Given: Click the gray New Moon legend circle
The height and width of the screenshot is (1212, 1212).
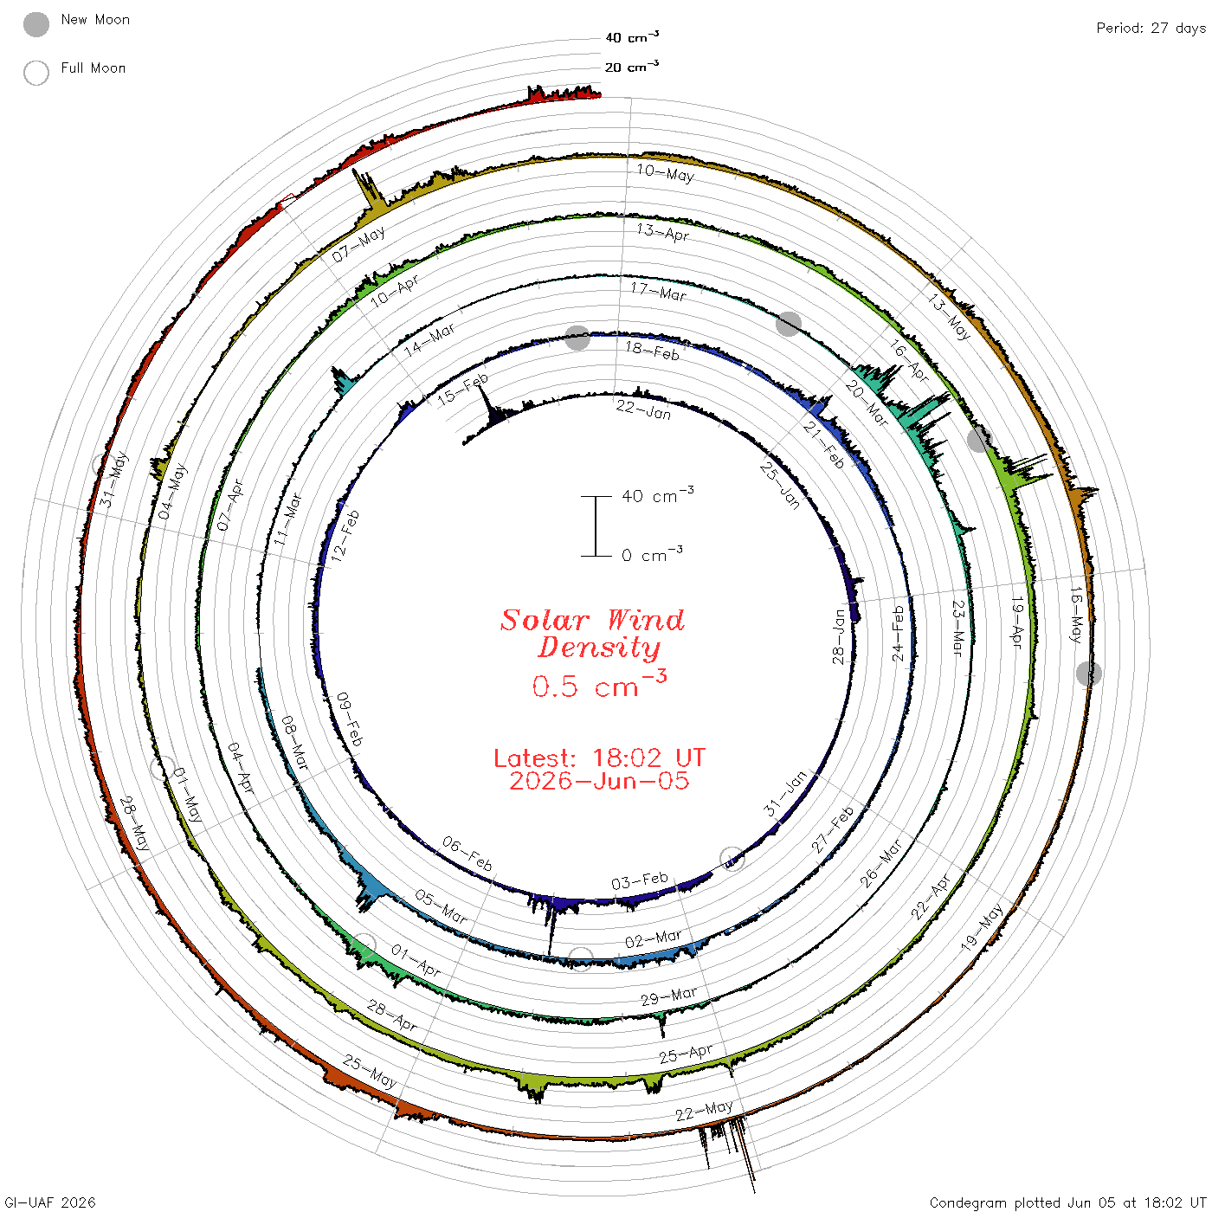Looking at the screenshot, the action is tap(36, 24).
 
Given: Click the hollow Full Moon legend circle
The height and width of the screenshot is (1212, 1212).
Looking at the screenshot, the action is tap(36, 73).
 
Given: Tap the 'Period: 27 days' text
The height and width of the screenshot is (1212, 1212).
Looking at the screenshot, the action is tap(1151, 29).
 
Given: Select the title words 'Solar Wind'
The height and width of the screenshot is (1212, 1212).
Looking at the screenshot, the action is tap(592, 620).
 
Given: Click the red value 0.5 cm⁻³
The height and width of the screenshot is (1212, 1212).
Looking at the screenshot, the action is tap(599, 684).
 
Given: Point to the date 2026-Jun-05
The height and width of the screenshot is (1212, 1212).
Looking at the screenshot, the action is tap(599, 781).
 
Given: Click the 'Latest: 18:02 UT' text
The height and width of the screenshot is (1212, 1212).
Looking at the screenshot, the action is tap(599, 757).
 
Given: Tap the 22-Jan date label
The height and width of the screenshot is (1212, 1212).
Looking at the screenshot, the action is tap(643, 409).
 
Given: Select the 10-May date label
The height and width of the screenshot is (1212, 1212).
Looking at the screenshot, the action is tap(666, 172).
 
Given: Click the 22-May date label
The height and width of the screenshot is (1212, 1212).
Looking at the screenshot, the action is tap(705, 1111).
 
